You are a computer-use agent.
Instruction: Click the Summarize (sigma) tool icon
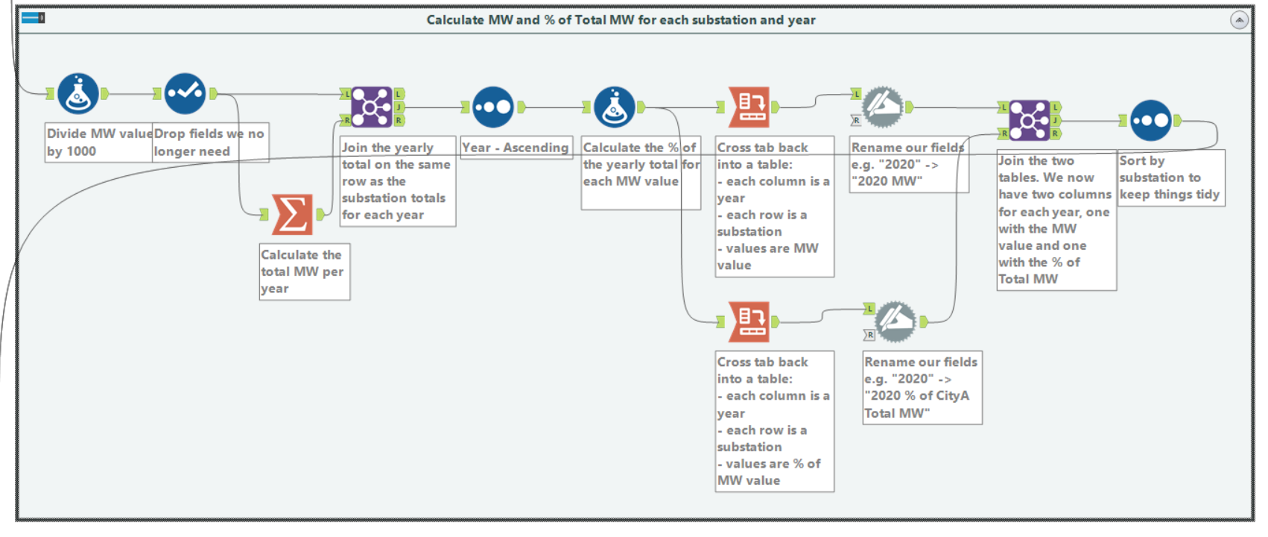(x=292, y=215)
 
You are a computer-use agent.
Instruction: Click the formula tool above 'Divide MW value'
(x=78, y=93)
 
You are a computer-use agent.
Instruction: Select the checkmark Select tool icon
(x=185, y=93)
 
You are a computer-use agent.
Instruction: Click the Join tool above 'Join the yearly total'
(x=371, y=107)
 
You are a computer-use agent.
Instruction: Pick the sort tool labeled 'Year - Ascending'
(x=492, y=107)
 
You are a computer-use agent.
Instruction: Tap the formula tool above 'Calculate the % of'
(x=614, y=107)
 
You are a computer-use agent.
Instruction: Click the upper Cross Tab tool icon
(x=749, y=107)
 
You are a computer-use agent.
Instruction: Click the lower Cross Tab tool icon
(x=749, y=321)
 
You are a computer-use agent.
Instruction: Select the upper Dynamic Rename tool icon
(x=883, y=107)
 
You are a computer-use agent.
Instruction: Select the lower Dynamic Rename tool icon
(x=896, y=321)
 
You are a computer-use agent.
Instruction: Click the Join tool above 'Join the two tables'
(x=1029, y=120)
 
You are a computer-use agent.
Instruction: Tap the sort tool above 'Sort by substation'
(x=1150, y=120)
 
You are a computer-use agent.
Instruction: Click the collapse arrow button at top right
(x=1239, y=20)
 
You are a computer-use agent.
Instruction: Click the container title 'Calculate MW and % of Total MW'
(x=620, y=20)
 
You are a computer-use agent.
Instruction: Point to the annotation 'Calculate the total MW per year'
(x=304, y=271)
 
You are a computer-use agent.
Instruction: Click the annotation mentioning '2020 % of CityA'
(x=922, y=387)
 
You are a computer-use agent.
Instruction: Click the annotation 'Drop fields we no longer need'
(x=209, y=142)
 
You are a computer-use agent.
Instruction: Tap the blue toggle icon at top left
(x=33, y=17)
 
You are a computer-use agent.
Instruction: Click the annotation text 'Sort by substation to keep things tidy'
(x=1170, y=178)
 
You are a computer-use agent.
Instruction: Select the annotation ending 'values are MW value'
(x=773, y=206)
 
